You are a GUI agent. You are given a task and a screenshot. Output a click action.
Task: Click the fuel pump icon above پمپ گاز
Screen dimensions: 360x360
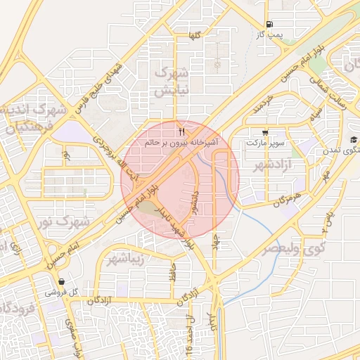[x=271, y=22]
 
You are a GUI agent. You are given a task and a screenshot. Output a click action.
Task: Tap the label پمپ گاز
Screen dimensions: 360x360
[x=269, y=34]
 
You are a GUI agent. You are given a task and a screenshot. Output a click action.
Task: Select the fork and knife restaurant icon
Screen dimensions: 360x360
[x=181, y=131]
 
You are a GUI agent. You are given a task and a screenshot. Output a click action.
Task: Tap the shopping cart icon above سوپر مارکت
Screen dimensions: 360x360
[x=264, y=132]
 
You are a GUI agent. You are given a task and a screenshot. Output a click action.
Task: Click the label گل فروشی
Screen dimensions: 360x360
[x=60, y=291]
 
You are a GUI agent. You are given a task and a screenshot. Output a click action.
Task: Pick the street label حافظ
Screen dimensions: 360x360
[x=172, y=273]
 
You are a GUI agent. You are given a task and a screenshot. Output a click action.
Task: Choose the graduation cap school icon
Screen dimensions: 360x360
[x=353, y=141]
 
